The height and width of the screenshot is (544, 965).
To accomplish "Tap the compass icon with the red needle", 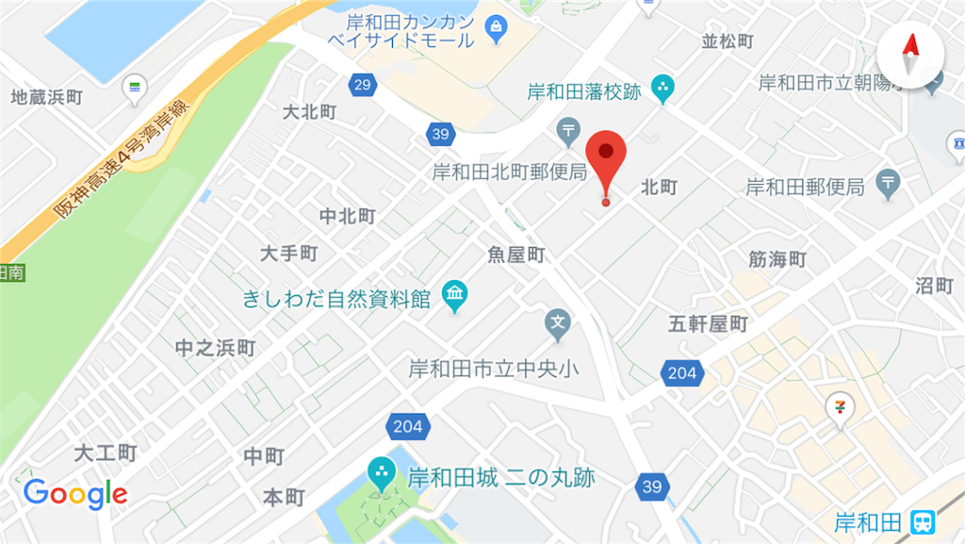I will click(x=910, y=56).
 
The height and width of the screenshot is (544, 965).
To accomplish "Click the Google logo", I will click(x=75, y=493).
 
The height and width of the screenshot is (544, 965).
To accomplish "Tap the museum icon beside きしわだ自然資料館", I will click(x=455, y=297).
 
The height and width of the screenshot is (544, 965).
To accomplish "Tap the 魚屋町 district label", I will click(x=516, y=255).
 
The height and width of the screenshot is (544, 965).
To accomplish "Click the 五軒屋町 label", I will click(x=708, y=324).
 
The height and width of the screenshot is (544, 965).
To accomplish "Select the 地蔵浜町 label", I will click(x=47, y=97).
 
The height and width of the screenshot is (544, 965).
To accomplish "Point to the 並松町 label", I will click(x=728, y=41).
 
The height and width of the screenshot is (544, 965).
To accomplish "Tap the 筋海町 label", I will click(x=777, y=259).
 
